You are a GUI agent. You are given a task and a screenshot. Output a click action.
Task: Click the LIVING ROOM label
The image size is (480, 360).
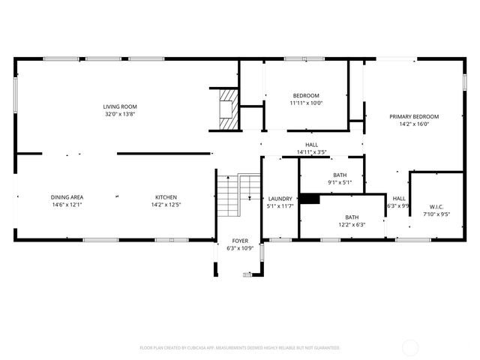120,106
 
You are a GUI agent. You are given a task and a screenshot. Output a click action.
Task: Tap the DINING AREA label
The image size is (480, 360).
67,197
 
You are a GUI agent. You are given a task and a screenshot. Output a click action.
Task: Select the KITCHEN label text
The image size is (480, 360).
166,197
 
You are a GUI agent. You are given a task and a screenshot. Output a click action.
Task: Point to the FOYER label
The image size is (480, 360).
239,241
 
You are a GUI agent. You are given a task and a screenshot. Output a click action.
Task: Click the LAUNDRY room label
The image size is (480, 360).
280,199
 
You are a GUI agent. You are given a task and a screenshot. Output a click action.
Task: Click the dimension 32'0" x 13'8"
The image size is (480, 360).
120,114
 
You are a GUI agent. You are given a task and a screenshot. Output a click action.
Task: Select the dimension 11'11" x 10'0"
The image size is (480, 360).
306,103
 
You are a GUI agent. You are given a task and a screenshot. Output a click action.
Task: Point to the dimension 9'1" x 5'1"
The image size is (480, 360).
340,182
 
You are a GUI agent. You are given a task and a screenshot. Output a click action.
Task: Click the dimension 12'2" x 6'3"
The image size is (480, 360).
350,224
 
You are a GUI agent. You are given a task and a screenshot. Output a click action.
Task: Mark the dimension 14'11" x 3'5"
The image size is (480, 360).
311,152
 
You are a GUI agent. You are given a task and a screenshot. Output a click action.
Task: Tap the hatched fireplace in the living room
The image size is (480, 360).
226,106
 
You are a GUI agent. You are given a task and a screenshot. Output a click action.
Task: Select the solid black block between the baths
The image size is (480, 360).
308,199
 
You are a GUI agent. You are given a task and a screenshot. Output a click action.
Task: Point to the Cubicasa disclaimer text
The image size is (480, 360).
240,348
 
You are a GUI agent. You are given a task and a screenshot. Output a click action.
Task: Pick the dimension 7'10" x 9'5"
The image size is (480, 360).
436,214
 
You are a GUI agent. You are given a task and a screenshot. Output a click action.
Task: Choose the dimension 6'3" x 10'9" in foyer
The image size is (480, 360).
239,248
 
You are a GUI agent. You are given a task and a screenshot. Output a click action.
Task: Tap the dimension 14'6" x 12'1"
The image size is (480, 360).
67,204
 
